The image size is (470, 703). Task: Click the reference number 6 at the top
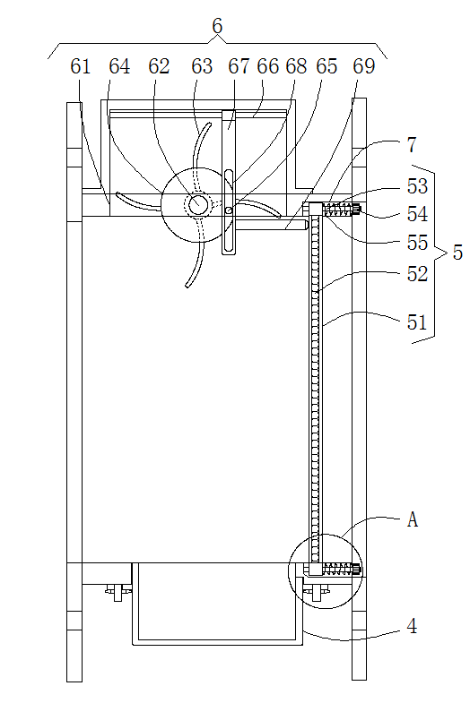(217, 26)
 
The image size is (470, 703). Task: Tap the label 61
(81, 66)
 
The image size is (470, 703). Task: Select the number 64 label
(119, 66)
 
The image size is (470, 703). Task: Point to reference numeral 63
(202, 66)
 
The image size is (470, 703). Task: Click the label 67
(239, 66)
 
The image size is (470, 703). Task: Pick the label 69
(363, 66)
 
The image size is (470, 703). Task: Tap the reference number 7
(412, 145)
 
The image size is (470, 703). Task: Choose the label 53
(417, 186)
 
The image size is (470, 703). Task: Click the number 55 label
(417, 243)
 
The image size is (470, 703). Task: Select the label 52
(417, 273)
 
